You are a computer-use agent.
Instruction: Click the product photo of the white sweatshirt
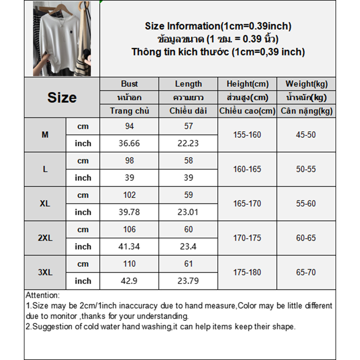click(62, 39)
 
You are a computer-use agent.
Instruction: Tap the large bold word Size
click(62, 98)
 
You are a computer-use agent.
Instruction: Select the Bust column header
click(129, 84)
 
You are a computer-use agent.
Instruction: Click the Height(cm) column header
click(247, 84)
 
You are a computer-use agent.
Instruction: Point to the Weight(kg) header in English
click(306, 84)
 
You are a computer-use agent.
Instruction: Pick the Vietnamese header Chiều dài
click(188, 111)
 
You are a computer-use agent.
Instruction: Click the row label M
click(45, 135)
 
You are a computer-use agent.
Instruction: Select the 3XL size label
click(45, 272)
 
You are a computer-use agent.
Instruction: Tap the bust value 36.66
click(129, 144)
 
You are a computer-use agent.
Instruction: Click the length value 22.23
click(188, 144)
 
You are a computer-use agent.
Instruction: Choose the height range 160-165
click(247, 169)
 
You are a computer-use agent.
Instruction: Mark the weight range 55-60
click(306, 203)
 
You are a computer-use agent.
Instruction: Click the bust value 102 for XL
click(129, 195)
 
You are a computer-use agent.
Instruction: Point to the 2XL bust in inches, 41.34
click(129, 247)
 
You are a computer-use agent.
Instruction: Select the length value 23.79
click(188, 281)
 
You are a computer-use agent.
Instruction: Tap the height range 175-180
click(247, 272)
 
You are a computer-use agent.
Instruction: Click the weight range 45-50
click(306, 135)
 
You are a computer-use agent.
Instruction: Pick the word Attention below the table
click(42, 296)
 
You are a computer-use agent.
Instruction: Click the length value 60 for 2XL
click(188, 229)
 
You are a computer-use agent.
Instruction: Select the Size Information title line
click(218, 26)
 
